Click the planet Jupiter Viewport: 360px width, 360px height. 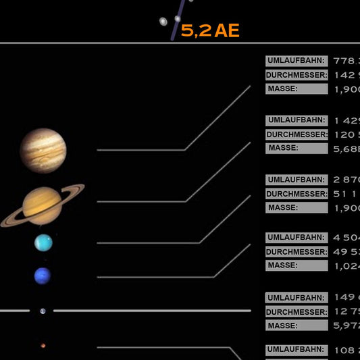click(x=43, y=149)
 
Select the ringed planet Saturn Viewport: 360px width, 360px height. click(x=42, y=206)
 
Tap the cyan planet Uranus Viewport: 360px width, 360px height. click(x=43, y=242)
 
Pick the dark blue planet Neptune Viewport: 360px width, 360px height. click(x=43, y=276)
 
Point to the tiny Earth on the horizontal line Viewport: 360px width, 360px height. click(x=43, y=311)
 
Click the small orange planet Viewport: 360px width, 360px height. click(x=43, y=346)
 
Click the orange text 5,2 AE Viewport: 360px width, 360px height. click(x=210, y=30)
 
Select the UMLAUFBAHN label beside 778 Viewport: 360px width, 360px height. click(x=296, y=61)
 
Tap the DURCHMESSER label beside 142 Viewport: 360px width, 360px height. click(x=296, y=75)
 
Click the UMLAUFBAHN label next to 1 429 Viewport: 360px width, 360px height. click(x=296, y=120)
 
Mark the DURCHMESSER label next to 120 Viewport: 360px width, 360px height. click(x=296, y=134)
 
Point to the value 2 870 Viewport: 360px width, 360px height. click(x=346, y=180)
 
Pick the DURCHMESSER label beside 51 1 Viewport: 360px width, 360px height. click(x=296, y=194)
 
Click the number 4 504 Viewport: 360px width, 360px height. click(x=346, y=238)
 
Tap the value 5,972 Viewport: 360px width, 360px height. click(x=346, y=326)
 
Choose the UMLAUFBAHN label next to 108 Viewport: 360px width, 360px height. click(x=296, y=350)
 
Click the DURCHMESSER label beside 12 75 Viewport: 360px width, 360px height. click(x=296, y=311)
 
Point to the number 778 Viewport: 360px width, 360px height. click(x=346, y=61)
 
